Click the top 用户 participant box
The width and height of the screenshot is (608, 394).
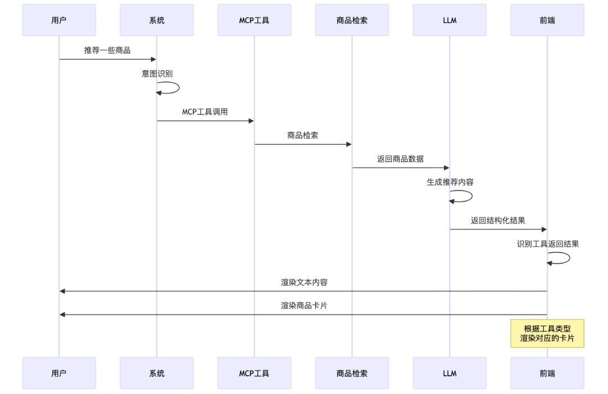click(x=59, y=20)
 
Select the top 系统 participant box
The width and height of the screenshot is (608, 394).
click(x=157, y=20)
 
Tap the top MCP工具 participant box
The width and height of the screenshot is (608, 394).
click(x=254, y=20)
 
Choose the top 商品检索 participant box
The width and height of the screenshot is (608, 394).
click(x=352, y=20)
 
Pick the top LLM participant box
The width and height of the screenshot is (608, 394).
click(x=449, y=20)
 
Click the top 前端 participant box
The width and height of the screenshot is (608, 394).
click(x=547, y=20)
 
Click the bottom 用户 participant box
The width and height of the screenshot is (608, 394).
click(x=59, y=373)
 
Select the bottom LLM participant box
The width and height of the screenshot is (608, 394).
click(x=449, y=373)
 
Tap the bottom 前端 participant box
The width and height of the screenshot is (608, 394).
click(x=547, y=373)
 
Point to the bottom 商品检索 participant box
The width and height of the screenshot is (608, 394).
click(x=352, y=373)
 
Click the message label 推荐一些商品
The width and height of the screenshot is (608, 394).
click(x=108, y=51)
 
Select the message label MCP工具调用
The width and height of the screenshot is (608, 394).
click(x=205, y=112)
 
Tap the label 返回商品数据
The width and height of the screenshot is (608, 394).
click(x=400, y=159)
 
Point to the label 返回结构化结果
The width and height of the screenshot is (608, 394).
click(x=498, y=220)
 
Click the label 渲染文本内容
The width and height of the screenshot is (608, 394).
click(x=303, y=282)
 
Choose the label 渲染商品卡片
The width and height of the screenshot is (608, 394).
click(x=303, y=306)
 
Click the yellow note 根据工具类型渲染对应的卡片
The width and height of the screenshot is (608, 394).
click(x=547, y=334)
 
